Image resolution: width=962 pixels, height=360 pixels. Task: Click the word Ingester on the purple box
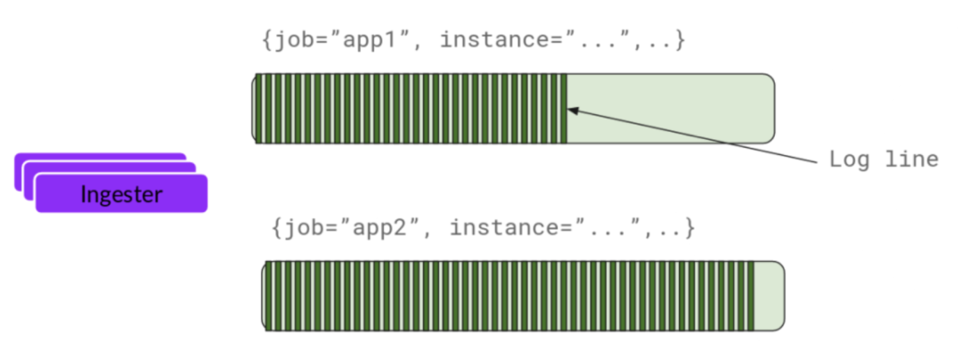[121, 193]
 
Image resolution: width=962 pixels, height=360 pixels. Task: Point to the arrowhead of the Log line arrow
[572, 110]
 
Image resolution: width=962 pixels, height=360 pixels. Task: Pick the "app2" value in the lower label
[366, 227]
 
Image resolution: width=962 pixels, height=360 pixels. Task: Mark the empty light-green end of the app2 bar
[769, 296]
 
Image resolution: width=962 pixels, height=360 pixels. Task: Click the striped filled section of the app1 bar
[410, 108]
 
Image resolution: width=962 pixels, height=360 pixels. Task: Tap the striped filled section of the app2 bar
[508, 296]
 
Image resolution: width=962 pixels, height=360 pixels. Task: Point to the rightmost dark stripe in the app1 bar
[564, 108]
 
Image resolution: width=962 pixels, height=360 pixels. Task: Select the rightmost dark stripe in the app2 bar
[752, 296]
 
